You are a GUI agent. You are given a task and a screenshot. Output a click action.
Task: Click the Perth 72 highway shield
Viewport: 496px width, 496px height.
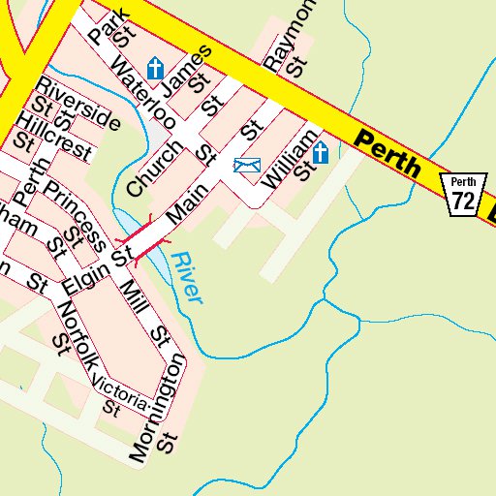pos(463,195)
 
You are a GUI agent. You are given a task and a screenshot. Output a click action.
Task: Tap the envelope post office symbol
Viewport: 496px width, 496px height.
pos(247,166)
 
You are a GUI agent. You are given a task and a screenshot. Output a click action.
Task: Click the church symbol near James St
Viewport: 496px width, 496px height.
pos(155,68)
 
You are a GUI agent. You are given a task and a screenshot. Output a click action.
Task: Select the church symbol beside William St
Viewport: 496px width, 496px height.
pos(321,152)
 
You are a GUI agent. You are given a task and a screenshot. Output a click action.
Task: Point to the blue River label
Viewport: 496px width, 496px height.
pos(187,278)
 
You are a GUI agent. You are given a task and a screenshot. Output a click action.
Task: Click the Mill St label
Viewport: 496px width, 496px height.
pos(146,312)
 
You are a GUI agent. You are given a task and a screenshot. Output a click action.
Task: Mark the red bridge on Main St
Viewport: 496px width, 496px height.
pos(143,237)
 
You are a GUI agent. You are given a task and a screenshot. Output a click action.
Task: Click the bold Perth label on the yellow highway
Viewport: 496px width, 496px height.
pos(387,155)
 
